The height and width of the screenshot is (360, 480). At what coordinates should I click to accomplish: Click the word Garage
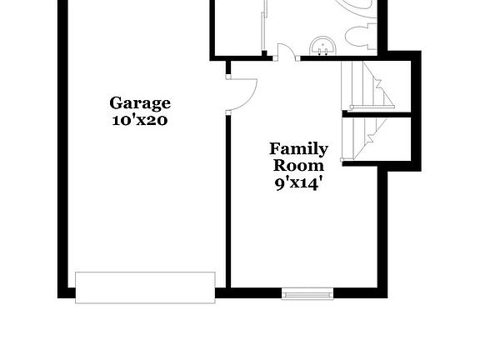pyautogui.click(x=140, y=104)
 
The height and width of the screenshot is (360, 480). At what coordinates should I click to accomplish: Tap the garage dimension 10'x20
pyautogui.click(x=140, y=120)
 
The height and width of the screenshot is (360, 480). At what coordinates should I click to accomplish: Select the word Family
pyautogui.click(x=298, y=150)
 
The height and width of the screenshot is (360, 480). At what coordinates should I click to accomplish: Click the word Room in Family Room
pyautogui.click(x=298, y=166)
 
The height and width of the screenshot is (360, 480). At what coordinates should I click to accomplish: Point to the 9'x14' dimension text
pyautogui.click(x=298, y=183)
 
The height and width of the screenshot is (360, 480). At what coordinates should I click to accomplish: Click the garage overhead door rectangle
pyautogui.click(x=145, y=287)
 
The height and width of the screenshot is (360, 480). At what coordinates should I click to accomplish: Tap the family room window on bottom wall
pyautogui.click(x=307, y=293)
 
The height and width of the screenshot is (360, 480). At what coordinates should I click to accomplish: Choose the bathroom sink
pyautogui.click(x=322, y=46)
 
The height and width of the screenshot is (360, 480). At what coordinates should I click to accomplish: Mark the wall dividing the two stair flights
pyautogui.click(x=377, y=114)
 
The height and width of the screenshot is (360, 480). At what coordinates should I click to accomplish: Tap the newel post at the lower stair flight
pyautogui.click(x=342, y=160)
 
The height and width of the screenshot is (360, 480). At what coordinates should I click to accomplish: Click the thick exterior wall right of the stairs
pyautogui.click(x=417, y=111)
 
